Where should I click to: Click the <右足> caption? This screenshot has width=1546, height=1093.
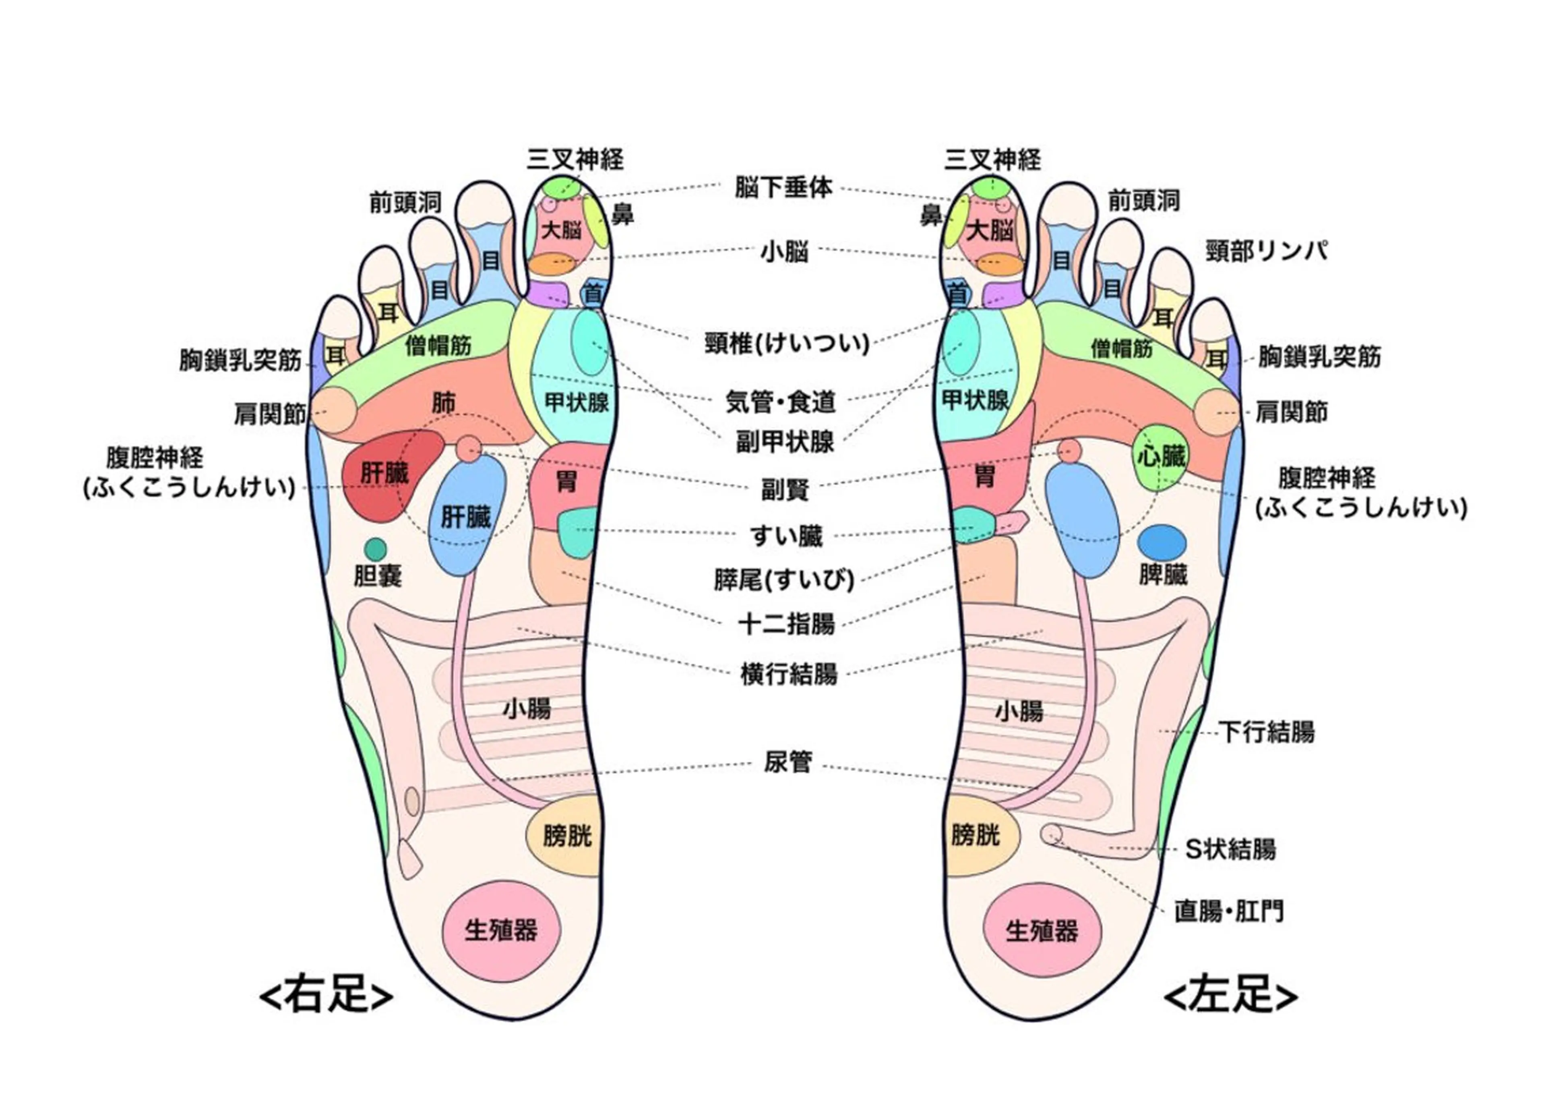[326, 996]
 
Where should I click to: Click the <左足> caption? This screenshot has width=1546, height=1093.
[1230, 996]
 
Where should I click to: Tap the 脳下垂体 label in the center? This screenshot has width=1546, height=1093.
[783, 188]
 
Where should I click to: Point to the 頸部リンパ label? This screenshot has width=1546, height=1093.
[1266, 251]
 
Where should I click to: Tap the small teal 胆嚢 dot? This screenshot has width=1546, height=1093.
[375, 549]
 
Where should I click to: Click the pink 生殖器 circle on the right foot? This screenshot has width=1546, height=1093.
[501, 930]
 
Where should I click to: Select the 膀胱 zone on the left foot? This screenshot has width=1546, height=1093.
[978, 836]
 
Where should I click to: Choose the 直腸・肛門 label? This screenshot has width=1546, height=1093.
[1229, 912]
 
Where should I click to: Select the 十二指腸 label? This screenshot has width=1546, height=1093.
[786, 624]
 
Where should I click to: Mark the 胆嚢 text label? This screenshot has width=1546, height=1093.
[378, 576]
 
